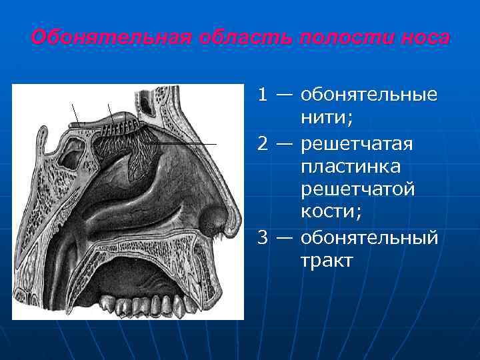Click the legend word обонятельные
coord(369,95)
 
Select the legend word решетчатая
coord(357,144)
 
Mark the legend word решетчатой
coord(358,190)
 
